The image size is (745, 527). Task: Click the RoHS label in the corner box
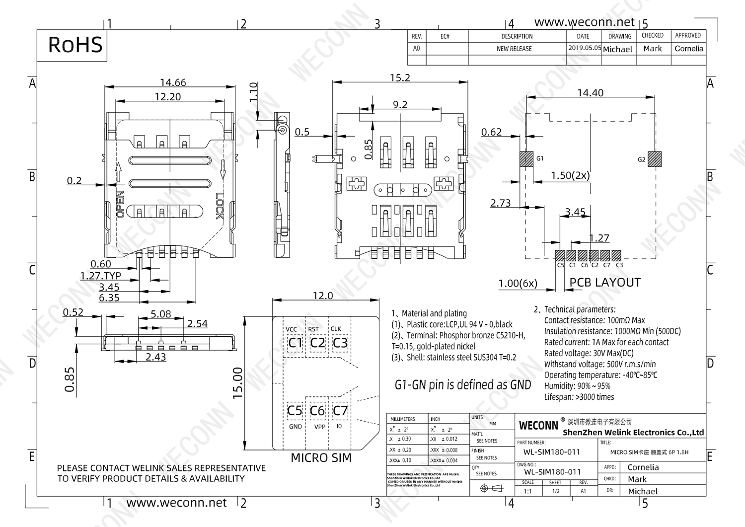tap(75, 45)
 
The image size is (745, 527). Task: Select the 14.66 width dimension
tap(173, 82)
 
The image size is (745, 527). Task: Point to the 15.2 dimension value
tap(400, 78)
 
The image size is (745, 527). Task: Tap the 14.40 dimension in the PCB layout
tap(590, 93)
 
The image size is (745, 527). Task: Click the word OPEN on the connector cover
tap(120, 204)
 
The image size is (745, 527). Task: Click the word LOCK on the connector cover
tap(220, 206)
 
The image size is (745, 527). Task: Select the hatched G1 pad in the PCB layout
tap(526, 159)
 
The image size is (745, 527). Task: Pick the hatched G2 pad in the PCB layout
tap(655, 159)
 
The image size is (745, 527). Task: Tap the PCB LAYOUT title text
tap(604, 282)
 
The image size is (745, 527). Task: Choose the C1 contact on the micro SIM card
tap(295, 343)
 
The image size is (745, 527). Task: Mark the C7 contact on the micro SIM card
tap(340, 411)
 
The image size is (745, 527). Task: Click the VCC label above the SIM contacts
tap(291, 329)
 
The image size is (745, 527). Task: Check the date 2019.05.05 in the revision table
tap(584, 48)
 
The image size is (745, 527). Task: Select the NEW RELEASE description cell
tap(514, 49)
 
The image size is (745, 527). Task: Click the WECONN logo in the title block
tap(538, 426)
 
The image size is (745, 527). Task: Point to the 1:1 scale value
tap(527, 491)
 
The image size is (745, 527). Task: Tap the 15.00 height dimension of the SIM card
tap(238, 383)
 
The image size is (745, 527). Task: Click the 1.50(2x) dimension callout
tap(570, 175)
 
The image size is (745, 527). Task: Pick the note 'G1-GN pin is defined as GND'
tap(462, 385)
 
